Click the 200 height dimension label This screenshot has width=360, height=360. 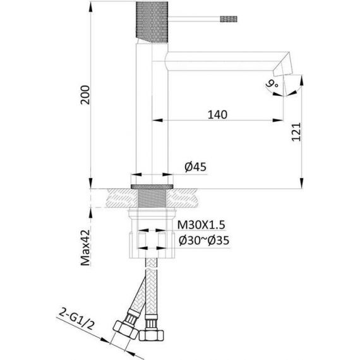click(85, 95)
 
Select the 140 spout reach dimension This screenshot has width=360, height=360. click(217, 114)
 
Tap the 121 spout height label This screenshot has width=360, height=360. click(296, 132)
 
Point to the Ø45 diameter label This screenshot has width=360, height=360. click(195, 167)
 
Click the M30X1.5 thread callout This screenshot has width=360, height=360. click(201, 225)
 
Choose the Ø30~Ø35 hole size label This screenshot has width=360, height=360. click(204, 241)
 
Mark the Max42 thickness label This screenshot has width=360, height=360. click(85, 248)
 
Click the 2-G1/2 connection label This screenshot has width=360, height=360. click(76, 319)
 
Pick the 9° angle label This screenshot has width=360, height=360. click(272, 83)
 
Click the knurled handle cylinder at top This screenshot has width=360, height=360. click(152, 22)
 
